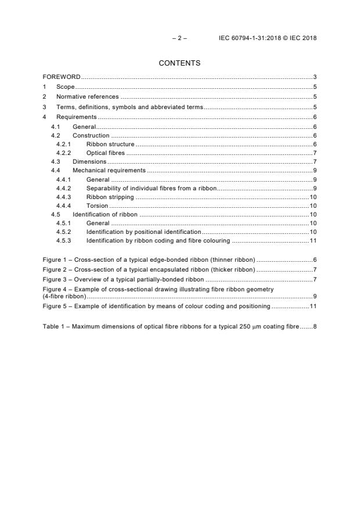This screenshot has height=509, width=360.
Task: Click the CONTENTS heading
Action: pyautogui.click(x=179, y=63)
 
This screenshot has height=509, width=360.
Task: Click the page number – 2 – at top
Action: pyautogui.click(x=179, y=38)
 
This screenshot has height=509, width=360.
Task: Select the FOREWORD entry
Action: pyautogui.click(x=62, y=77)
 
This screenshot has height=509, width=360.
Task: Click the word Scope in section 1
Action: pyautogui.click(x=65, y=87)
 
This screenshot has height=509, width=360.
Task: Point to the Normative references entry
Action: pyautogui.click(x=87, y=97)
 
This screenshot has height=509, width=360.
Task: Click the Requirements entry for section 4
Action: pyautogui.click(x=76, y=117)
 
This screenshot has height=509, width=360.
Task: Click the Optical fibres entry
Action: pyautogui.click(x=105, y=153)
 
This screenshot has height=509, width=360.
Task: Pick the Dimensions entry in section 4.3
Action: pyautogui.click(x=89, y=161)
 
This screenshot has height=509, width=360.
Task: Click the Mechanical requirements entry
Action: pyautogui.click(x=109, y=171)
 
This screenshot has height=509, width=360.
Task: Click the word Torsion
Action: pyautogui.click(x=97, y=205)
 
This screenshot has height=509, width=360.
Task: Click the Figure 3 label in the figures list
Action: pyautogui.click(x=56, y=279)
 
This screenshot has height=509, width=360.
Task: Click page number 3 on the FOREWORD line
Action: pyautogui.click(x=314, y=77)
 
